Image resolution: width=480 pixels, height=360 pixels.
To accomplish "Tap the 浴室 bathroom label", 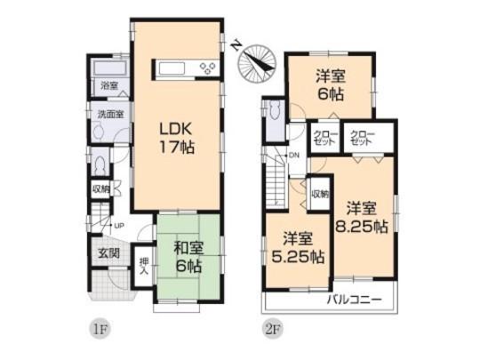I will coord(109,86).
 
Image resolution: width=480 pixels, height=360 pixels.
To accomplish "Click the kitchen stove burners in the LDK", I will coord(208,68).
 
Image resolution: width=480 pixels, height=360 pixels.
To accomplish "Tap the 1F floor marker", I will coord(100,328).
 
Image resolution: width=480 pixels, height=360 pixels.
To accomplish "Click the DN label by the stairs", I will coord(293,157).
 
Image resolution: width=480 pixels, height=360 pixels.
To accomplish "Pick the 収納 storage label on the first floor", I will coord(100,188).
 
